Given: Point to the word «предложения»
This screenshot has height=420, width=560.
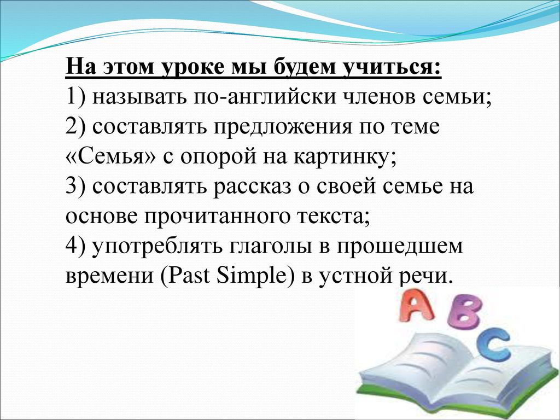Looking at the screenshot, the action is (x=283, y=127).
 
